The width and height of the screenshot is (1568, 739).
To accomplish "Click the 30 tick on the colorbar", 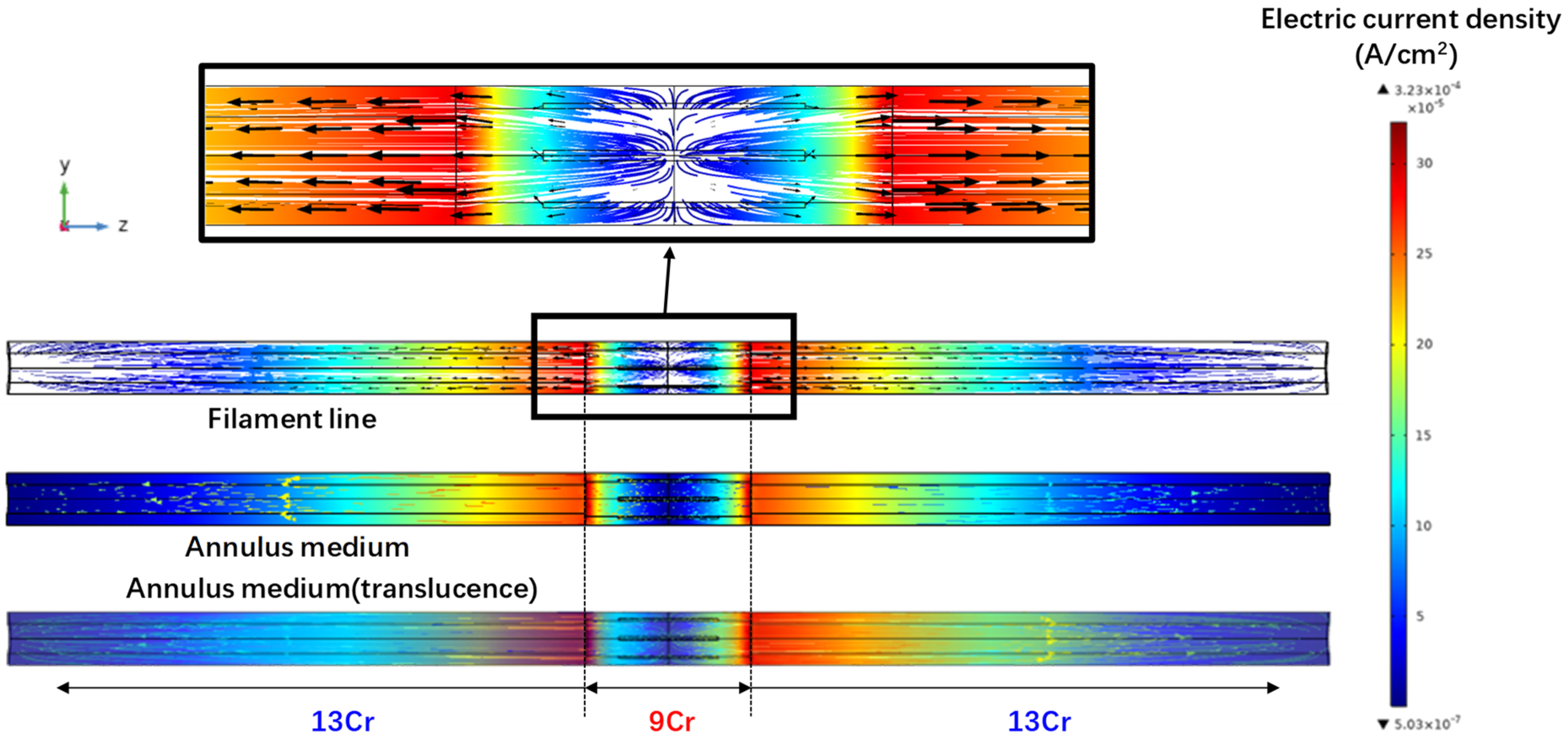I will [x=1424, y=163].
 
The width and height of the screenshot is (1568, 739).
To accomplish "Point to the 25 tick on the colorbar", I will [x=1424, y=254].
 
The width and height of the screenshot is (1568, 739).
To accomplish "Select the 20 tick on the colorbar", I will [x=1424, y=344].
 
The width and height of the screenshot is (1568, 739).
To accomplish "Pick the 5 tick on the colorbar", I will [x=1420, y=616].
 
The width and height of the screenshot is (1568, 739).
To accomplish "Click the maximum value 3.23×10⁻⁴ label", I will [x=1427, y=90].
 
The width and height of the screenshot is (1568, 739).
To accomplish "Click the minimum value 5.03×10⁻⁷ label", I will [x=1427, y=724].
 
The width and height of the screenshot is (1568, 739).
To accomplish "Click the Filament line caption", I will [x=292, y=419].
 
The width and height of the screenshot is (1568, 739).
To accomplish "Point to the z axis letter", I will [x=123, y=226].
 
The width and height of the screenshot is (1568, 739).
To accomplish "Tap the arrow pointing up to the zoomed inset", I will [x=668, y=280].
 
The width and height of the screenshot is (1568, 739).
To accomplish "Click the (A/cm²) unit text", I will [x=1406, y=55].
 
